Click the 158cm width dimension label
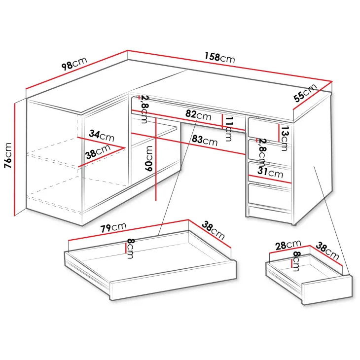point(220,58)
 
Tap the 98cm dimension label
point(74,63)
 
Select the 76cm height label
point(8,155)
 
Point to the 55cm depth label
point(305,93)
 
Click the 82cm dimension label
point(198,115)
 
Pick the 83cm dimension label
point(205,140)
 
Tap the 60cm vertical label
point(149,158)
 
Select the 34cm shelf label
point(102,136)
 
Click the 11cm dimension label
point(229,129)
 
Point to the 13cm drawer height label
point(285,138)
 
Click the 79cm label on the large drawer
point(113,227)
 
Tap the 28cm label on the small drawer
point(288,245)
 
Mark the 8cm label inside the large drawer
point(130,249)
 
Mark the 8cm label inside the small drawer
point(296,261)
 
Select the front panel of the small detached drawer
point(327,290)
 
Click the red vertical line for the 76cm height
point(14,160)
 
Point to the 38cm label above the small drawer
point(327,251)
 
